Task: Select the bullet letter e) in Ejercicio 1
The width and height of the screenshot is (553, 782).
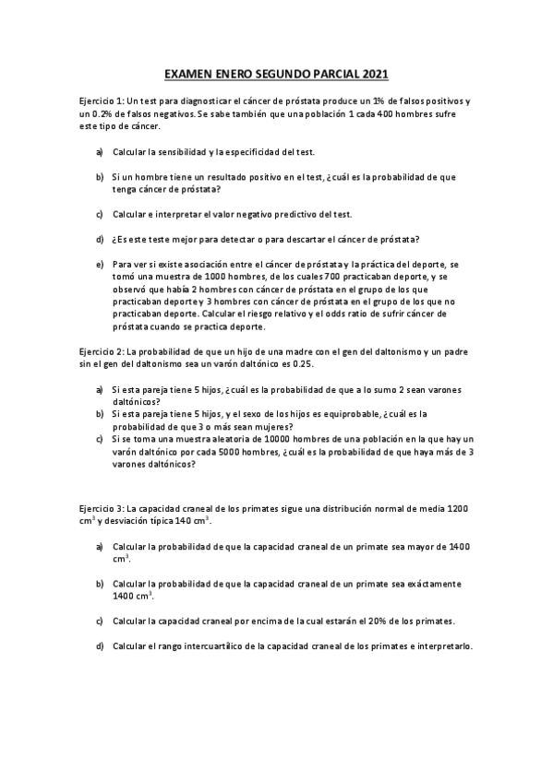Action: click(100, 264)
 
